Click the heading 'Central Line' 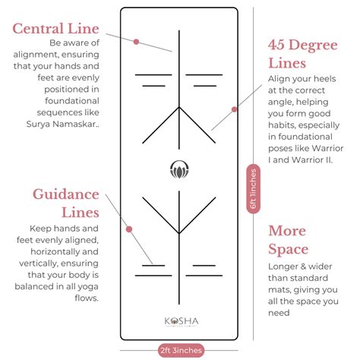(55, 30)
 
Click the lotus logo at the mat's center (179, 169)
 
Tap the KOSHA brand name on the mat (179, 320)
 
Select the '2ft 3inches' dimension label (180, 350)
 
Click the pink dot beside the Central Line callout (136, 42)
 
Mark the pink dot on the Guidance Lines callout (129, 229)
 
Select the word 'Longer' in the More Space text (285, 267)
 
